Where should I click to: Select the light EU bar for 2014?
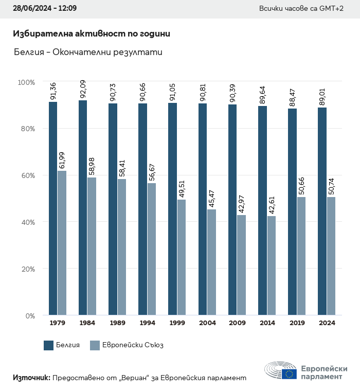(x=272, y=265)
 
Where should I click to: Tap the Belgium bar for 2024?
(x=322, y=211)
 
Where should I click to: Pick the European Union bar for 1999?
(x=182, y=257)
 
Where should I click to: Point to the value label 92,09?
(x=83, y=90)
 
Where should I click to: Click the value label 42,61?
(x=272, y=205)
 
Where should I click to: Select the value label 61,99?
(x=62, y=160)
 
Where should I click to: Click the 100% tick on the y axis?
(x=26, y=82)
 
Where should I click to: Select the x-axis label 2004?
(x=207, y=323)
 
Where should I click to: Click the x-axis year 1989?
(x=117, y=323)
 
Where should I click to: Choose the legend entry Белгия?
(x=62, y=345)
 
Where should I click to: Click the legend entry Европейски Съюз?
(x=127, y=345)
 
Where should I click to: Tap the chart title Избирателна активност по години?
(x=92, y=34)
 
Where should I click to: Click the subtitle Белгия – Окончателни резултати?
(x=88, y=52)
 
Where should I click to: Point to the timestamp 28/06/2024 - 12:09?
(x=45, y=9)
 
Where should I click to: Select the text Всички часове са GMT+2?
(x=301, y=9)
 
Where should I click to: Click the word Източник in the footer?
(x=31, y=378)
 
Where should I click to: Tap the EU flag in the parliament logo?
(x=289, y=374)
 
